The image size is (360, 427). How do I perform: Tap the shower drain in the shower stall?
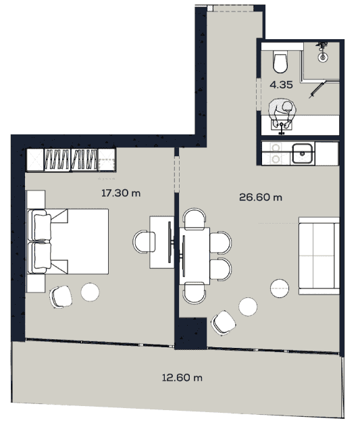tap(324, 57)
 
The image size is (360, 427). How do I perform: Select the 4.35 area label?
tap(280, 85)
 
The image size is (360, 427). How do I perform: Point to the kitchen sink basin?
tap(302, 153)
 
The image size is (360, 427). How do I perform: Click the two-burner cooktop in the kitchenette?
tap(276, 153)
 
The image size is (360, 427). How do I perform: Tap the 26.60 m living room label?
tap(260, 197)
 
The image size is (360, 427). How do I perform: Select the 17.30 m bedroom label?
tap(120, 193)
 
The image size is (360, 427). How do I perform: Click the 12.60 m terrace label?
tap(182, 378)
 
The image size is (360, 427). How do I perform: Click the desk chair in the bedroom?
tap(145, 241)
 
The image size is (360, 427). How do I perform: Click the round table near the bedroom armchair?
tap(91, 292)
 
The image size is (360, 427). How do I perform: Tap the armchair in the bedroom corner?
tap(60, 295)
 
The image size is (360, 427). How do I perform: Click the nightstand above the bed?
tap(35, 199)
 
